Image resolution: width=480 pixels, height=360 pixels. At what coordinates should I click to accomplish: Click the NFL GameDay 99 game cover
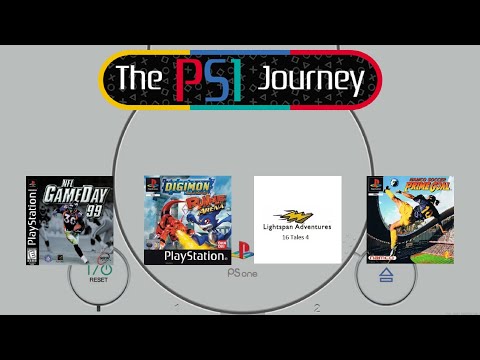68,220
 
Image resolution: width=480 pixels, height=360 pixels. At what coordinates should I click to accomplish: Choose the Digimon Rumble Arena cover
188,220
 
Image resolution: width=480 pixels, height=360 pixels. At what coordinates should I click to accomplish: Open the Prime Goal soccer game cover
410,220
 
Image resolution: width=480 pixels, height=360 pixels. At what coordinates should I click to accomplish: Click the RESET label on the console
98,280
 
